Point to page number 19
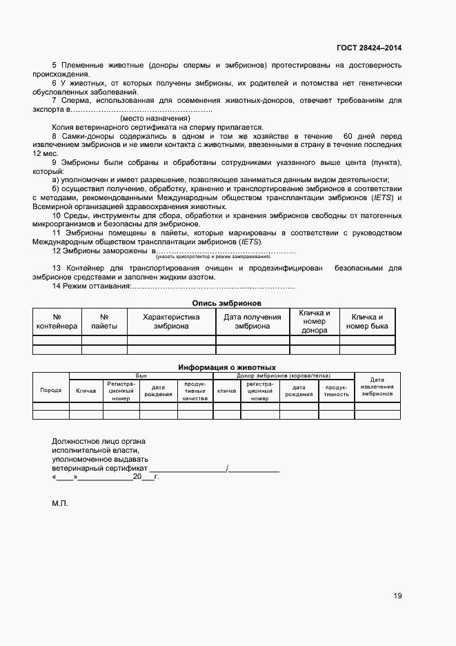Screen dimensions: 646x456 [398, 596]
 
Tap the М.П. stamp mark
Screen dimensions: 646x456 [60, 504]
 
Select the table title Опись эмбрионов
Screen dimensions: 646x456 [227, 302]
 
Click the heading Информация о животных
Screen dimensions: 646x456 [227, 367]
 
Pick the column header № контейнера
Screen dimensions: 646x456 [57, 322]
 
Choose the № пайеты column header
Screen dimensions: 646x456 [104, 322]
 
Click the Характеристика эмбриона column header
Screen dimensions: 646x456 [171, 322]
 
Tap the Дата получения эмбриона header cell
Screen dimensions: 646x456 [252, 322]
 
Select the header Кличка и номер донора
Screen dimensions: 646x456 [314, 322]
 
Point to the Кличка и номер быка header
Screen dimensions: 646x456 [367, 322]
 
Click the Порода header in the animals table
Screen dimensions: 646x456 [51, 391]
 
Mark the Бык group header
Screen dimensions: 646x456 [141, 375]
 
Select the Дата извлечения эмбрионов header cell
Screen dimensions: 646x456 [377, 386]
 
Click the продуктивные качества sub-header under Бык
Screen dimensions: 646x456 [195, 391]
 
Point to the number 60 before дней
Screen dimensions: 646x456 [350, 137]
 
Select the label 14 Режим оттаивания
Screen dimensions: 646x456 [91, 286]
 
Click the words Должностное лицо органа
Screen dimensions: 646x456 [99, 441]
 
